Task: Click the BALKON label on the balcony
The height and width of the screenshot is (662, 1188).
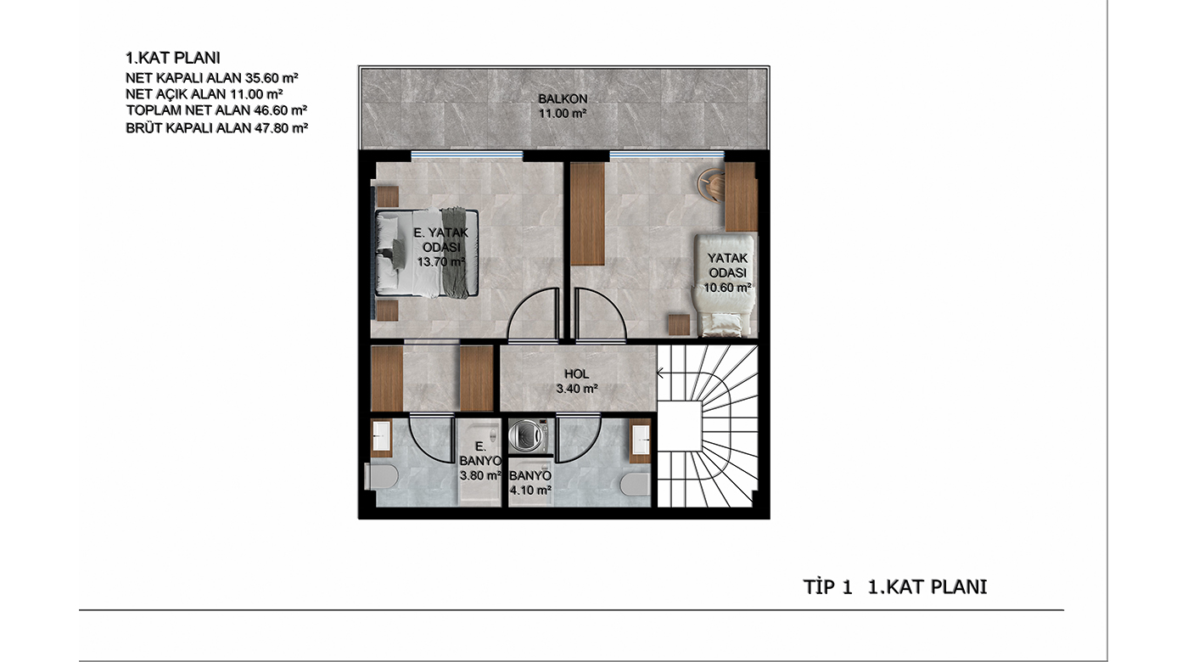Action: click(x=563, y=98)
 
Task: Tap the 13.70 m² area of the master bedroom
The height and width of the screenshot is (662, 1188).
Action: click(x=440, y=262)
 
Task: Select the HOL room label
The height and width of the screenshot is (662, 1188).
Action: click(x=576, y=374)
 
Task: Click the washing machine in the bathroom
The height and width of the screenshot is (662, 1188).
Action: click(x=528, y=436)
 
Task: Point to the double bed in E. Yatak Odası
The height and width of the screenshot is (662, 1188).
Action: click(x=427, y=253)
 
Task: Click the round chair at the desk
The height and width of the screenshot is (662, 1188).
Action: click(x=711, y=185)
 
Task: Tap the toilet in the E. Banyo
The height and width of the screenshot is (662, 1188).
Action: click(x=382, y=476)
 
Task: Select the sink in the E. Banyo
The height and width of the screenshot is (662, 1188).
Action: click(x=381, y=438)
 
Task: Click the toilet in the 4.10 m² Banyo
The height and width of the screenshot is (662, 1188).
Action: click(x=635, y=484)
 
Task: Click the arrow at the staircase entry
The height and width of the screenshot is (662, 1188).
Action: click(x=661, y=374)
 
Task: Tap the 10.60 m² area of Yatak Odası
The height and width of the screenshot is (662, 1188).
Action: click(x=727, y=288)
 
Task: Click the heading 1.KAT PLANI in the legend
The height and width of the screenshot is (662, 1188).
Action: click(x=172, y=58)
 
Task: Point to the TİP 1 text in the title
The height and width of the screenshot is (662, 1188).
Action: click(x=827, y=587)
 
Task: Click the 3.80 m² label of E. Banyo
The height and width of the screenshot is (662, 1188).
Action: click(x=480, y=476)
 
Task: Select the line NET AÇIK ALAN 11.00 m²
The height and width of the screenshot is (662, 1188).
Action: click(x=205, y=94)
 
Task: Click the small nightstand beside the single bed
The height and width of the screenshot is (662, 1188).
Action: click(x=679, y=324)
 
